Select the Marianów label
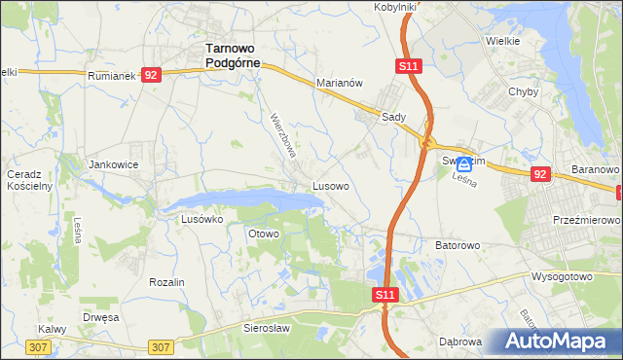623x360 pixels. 339,84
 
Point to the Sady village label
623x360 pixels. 393,115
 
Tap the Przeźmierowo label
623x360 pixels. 586,221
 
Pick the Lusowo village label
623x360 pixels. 331,184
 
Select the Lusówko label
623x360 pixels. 202,220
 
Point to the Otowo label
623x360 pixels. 264,234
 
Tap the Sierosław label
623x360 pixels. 267,329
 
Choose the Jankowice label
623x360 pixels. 114,165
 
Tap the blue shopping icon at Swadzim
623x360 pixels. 465,166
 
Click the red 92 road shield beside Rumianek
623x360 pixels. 150,74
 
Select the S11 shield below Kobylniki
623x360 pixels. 409,66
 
